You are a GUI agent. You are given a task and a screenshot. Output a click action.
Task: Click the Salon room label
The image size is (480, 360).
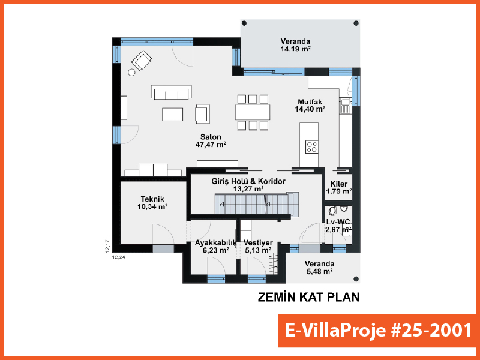point(211,137)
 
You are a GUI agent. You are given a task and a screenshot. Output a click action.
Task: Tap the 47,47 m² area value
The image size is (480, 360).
point(211,145)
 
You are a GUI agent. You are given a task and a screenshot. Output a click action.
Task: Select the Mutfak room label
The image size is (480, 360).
point(310,102)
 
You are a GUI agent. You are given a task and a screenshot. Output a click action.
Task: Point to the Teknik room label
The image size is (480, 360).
point(152,199)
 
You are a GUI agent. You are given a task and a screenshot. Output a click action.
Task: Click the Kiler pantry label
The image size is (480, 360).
point(339,184)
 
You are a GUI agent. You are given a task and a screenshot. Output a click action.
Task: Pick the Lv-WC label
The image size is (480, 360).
point(338,222)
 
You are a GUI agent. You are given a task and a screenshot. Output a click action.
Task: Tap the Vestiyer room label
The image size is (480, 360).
point(258,243)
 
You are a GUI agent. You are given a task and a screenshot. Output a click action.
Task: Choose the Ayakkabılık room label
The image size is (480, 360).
point(216,243)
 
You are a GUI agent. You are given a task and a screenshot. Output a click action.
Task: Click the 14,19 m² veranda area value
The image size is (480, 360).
point(296,49)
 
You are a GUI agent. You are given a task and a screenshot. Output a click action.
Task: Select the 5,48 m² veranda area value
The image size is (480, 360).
point(319,271)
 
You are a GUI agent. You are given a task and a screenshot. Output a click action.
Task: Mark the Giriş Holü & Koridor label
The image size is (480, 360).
point(248,181)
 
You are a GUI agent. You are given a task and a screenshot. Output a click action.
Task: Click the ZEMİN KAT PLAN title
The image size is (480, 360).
point(308,297)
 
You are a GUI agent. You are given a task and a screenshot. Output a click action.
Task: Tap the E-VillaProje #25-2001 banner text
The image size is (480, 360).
point(378,331)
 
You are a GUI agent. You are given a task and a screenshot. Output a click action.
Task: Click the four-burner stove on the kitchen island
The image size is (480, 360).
point(311,147)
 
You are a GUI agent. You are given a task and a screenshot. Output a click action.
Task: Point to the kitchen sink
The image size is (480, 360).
point(346,105)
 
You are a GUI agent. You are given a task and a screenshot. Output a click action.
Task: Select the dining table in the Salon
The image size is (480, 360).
point(253,112)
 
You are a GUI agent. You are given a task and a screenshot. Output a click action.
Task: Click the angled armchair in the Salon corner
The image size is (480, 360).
point(142,61)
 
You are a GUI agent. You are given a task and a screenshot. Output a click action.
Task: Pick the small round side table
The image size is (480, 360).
point(131,72)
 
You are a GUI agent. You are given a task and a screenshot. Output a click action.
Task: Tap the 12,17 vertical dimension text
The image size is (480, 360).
point(107,246)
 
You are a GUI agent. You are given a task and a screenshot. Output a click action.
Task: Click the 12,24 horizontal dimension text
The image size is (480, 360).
point(119,257)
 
